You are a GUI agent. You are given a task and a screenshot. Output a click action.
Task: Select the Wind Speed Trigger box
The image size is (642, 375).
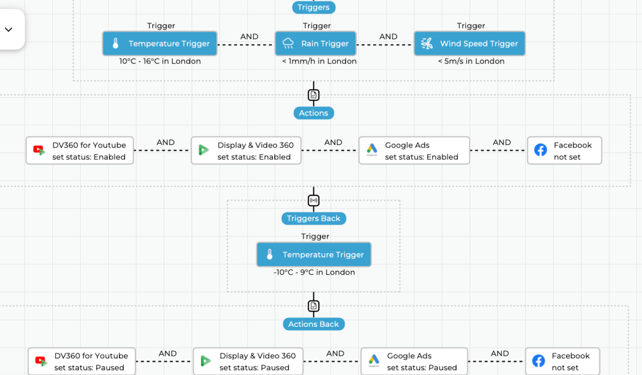pos(469,43)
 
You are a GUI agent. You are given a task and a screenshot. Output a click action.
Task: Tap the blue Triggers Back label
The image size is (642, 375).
pos(314,218)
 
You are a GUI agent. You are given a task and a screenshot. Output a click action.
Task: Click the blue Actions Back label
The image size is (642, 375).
pos(314,324)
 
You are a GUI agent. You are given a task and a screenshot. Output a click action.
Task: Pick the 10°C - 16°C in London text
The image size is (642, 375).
pos(160,62)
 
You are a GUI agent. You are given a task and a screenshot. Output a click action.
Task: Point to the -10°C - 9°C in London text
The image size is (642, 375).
pos(314,272)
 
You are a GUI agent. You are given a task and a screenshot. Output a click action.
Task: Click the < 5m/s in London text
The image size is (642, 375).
pos(471,62)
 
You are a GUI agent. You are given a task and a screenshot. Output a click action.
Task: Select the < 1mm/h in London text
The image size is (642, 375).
pos(319,62)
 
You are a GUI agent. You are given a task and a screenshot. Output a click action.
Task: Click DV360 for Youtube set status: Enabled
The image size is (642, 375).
pos(80,150)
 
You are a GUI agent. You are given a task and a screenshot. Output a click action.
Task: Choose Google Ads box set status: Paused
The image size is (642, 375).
pos(414,361)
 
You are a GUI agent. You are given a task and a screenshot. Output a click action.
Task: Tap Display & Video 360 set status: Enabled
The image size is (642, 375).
pos(247,150)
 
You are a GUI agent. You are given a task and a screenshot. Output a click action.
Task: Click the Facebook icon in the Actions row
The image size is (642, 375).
pos(540,150)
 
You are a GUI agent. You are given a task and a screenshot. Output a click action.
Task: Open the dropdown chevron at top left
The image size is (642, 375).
pos(9,29)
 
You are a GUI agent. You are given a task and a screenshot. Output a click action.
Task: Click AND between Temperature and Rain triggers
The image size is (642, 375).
pos(249,37)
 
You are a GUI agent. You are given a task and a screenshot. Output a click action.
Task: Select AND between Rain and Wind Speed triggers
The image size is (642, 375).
pos(388,37)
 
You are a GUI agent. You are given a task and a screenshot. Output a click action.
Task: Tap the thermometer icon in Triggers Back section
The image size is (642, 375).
pos(270,255)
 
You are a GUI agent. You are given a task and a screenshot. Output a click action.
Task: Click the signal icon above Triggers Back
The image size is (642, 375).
pos(314,201)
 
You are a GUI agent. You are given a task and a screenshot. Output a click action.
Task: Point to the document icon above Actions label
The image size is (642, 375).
pos(314,95)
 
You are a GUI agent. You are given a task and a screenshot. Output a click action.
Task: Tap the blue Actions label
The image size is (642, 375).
pos(314,113)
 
